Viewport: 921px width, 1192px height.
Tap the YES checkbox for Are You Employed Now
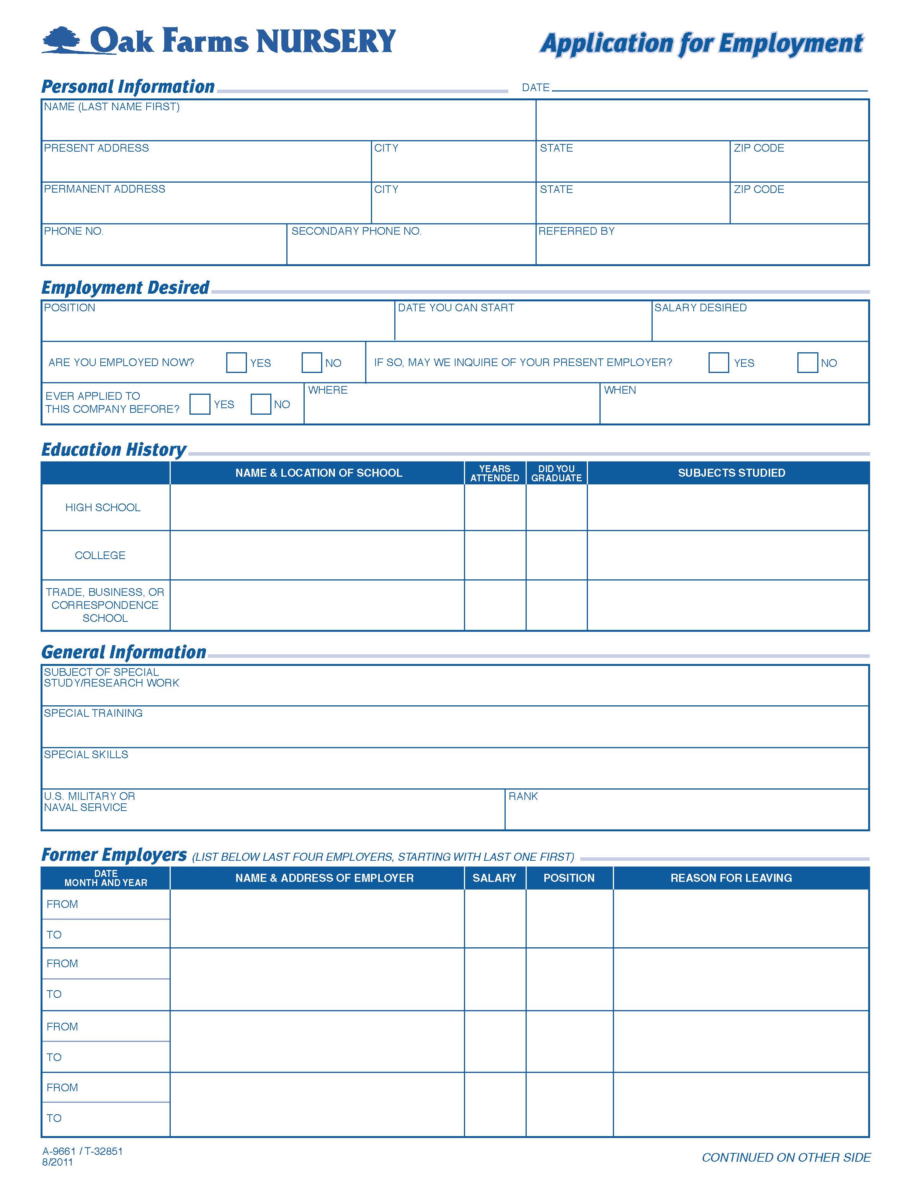[x=236, y=362]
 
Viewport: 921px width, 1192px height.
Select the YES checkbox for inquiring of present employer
[x=718, y=362]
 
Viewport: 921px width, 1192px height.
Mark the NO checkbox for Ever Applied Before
[x=260, y=404]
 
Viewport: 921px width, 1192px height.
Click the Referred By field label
[x=576, y=231]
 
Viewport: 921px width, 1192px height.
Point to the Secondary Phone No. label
[x=356, y=231]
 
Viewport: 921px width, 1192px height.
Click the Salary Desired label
[x=700, y=308]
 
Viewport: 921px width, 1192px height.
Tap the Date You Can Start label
[x=456, y=308]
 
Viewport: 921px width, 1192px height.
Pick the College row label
[x=100, y=555]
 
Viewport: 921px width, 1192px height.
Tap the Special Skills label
[x=86, y=755]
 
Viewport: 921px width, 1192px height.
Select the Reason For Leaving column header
[x=731, y=878]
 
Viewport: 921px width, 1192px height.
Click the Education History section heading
[x=113, y=450]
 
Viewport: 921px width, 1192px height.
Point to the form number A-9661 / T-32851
[x=82, y=1151]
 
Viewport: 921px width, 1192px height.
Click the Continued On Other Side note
[x=786, y=1157]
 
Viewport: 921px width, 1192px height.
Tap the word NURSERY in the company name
[x=325, y=41]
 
